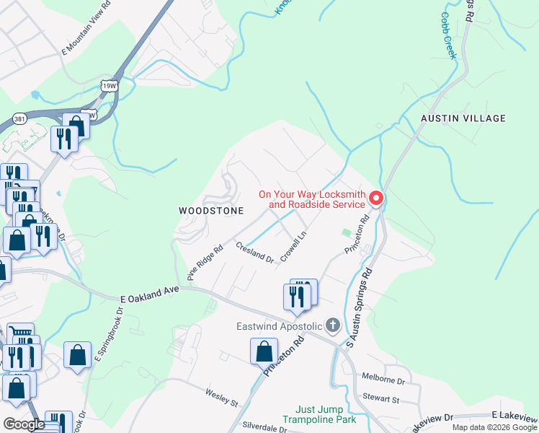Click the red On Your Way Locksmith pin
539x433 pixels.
(x=375, y=198)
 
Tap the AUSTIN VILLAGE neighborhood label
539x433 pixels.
(x=464, y=118)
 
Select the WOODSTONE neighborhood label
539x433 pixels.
(x=211, y=211)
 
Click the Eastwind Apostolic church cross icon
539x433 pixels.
(x=332, y=326)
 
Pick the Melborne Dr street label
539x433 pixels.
(x=383, y=380)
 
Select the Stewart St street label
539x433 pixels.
(x=381, y=398)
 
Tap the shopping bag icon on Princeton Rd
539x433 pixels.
(x=264, y=351)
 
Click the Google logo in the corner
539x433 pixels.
(x=24, y=425)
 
